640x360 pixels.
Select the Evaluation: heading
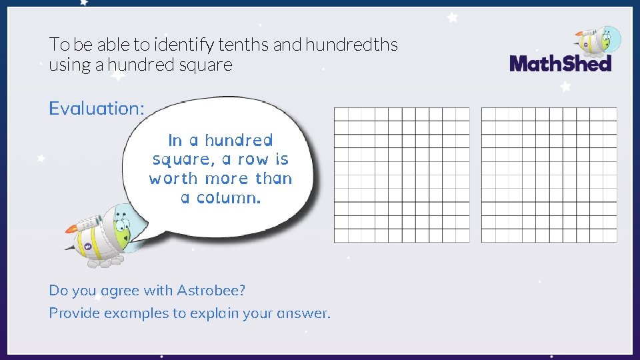[96, 108]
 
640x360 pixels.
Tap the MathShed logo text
[560, 64]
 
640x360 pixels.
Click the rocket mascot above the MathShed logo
[599, 41]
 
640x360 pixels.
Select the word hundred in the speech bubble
[239, 141]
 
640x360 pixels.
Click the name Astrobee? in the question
[211, 291]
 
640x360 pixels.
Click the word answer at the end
[306, 313]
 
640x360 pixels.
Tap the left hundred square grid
[401, 175]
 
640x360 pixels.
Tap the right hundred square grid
[549, 175]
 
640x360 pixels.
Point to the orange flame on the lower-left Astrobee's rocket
[71, 229]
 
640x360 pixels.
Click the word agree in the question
[114, 291]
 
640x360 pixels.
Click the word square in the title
[208, 65]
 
